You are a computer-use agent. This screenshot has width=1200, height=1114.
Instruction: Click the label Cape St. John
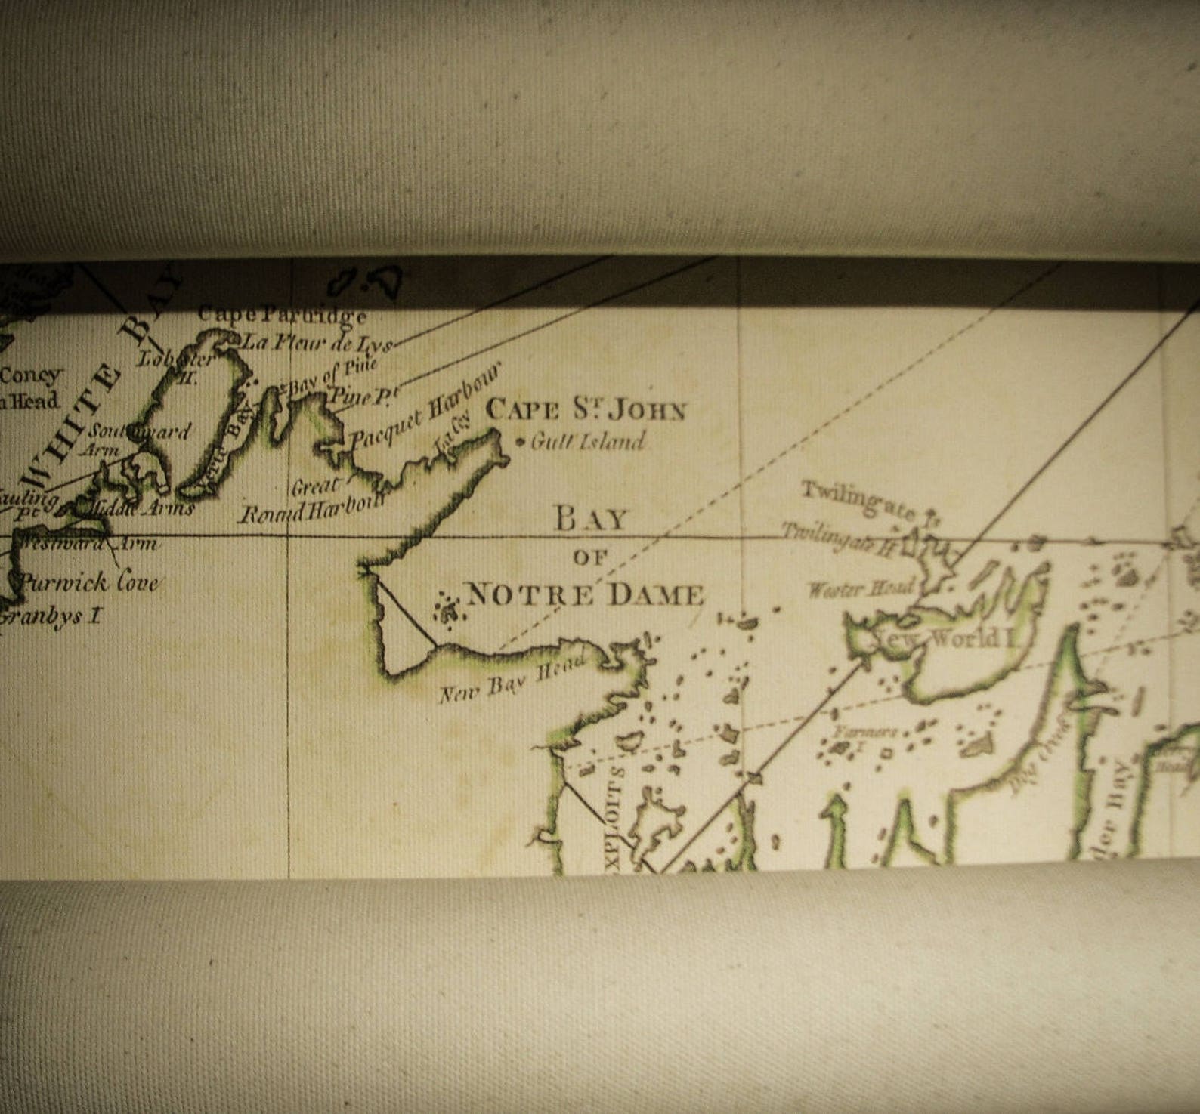586,410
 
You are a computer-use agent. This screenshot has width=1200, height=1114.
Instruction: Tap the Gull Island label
588,441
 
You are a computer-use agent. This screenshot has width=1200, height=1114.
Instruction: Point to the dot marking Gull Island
520,442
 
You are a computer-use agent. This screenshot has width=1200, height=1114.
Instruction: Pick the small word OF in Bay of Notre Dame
590,558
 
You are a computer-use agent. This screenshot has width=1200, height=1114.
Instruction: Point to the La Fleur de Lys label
316,344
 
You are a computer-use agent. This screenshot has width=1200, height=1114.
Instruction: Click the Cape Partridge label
283,316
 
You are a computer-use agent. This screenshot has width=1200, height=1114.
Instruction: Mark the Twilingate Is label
869,502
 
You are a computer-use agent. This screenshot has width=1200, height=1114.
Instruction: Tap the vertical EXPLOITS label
615,819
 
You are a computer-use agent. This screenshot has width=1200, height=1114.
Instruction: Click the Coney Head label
30,387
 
